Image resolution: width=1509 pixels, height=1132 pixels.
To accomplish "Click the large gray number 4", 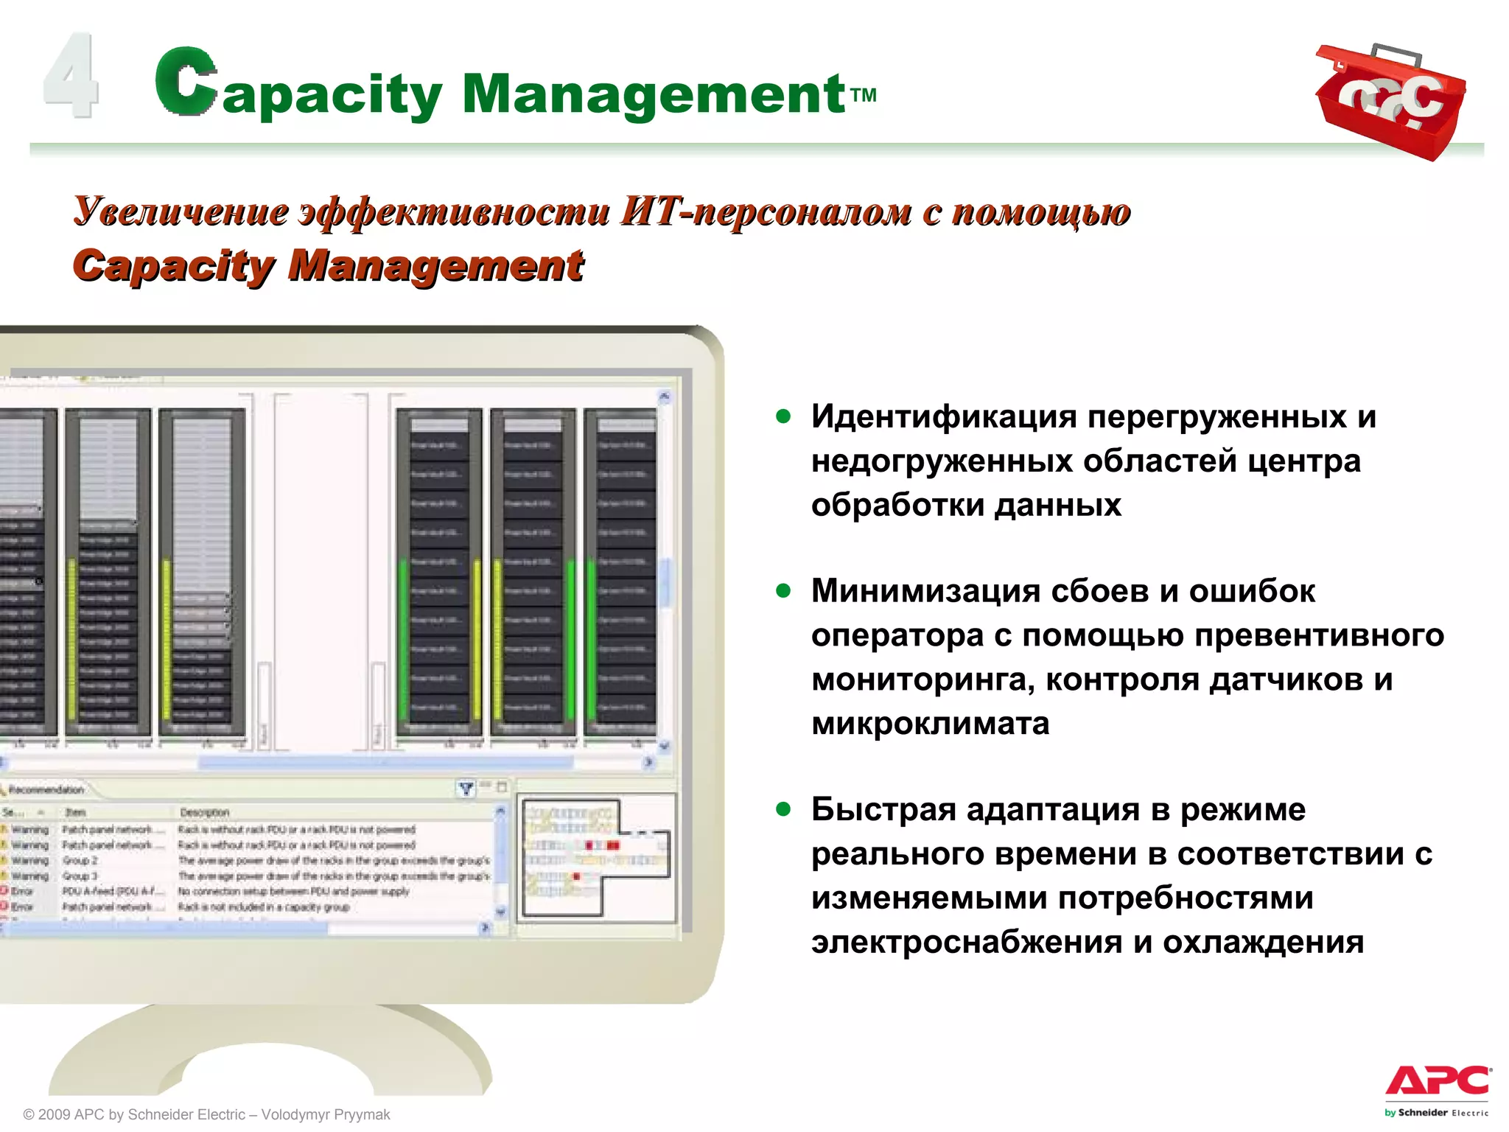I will [x=71, y=75].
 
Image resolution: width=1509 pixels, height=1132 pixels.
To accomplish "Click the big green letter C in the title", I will [x=186, y=81].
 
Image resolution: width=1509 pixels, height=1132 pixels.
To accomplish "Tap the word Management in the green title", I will [x=653, y=94].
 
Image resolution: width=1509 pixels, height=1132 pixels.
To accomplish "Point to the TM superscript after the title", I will [x=864, y=95].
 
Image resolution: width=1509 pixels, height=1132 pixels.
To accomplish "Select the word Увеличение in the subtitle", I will [x=181, y=212].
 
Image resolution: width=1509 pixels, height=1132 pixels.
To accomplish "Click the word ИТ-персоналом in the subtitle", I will [x=765, y=212].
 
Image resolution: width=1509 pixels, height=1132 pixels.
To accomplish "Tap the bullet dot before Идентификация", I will [x=783, y=417].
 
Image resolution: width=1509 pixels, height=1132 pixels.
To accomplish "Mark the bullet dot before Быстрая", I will [x=783, y=810].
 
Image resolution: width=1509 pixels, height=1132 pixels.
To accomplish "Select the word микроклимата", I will [x=930, y=724].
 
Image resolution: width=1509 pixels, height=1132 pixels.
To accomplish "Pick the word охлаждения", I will [x=1263, y=942].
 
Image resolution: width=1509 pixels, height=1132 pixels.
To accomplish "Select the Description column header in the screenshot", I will [x=205, y=812].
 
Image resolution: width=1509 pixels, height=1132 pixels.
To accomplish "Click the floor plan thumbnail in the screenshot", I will [x=595, y=857].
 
